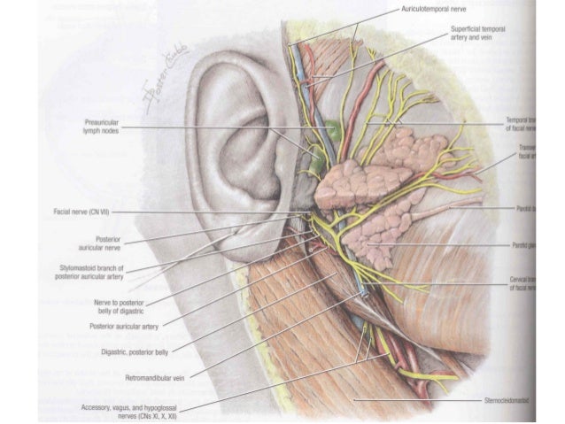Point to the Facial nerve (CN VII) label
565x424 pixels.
coord(74,212)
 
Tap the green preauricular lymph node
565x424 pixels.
coord(332,130)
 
